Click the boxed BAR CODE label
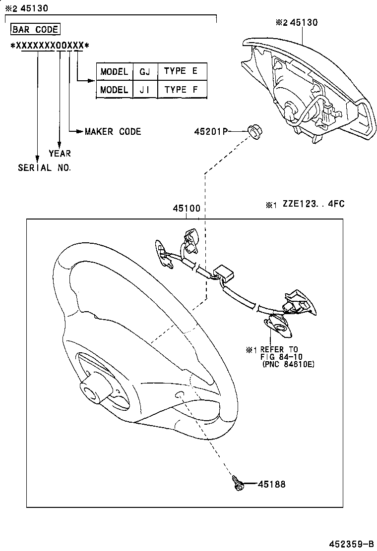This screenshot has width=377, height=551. (x=35, y=29)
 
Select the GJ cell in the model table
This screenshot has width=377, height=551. (x=145, y=71)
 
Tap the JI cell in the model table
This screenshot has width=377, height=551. (x=145, y=90)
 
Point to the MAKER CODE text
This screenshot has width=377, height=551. (x=113, y=131)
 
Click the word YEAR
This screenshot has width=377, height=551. (x=60, y=154)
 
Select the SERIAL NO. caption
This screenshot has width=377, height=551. (x=45, y=167)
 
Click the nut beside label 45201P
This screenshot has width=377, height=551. (x=254, y=132)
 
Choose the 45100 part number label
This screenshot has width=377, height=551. (x=186, y=209)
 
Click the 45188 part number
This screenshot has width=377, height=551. (x=271, y=484)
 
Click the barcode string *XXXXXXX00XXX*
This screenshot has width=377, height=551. (x=50, y=46)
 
